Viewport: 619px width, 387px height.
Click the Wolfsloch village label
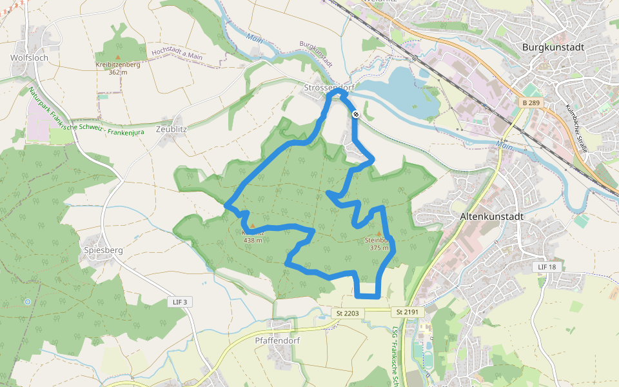(29, 57)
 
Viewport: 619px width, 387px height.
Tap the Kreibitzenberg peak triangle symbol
(117, 57)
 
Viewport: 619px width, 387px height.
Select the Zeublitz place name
(171, 128)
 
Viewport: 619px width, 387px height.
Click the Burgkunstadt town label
(553, 47)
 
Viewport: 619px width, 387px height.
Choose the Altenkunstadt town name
(491, 217)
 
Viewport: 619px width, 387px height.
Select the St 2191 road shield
(408, 312)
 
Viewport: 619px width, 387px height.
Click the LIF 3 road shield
(180, 302)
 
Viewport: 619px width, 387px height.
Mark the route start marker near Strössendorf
(355, 114)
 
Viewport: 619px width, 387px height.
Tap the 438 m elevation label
(253, 241)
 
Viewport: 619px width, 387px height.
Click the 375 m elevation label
(379, 247)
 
